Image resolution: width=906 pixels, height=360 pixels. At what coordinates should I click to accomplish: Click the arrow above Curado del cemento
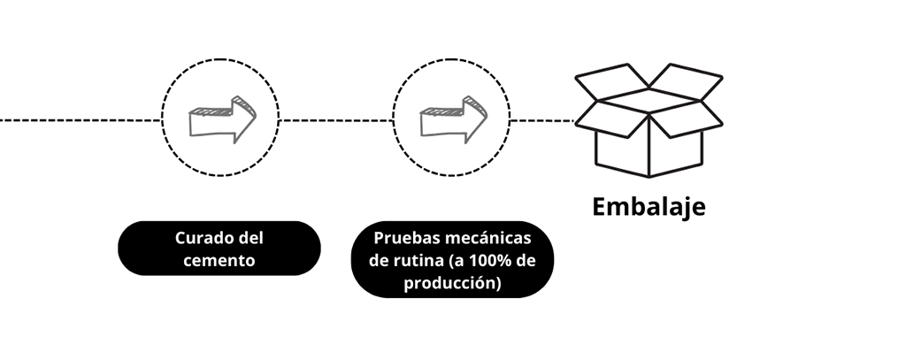tap(222, 119)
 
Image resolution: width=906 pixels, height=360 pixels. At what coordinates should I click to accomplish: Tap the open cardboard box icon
tap(649, 119)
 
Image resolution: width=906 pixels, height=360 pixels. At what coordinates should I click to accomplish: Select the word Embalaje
tap(649, 207)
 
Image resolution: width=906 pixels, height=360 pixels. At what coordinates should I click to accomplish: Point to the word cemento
tap(219, 261)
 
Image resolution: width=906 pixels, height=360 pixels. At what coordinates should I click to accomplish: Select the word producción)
tap(452, 283)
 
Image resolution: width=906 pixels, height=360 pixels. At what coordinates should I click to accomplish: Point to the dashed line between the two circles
tap(335, 120)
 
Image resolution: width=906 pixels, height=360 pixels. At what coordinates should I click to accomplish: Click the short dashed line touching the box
tap(542, 121)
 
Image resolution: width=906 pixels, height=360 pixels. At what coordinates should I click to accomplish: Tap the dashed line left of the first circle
tap(81, 120)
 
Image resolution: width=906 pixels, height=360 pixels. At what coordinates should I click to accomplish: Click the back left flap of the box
tap(611, 81)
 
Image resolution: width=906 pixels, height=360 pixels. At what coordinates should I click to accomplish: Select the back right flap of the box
tap(686, 81)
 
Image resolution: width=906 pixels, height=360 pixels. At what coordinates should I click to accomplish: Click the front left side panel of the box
tap(622, 152)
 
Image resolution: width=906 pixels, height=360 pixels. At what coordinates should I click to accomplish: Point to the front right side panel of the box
tap(675, 152)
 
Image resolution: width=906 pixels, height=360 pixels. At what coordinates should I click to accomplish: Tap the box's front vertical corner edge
tap(649, 144)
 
